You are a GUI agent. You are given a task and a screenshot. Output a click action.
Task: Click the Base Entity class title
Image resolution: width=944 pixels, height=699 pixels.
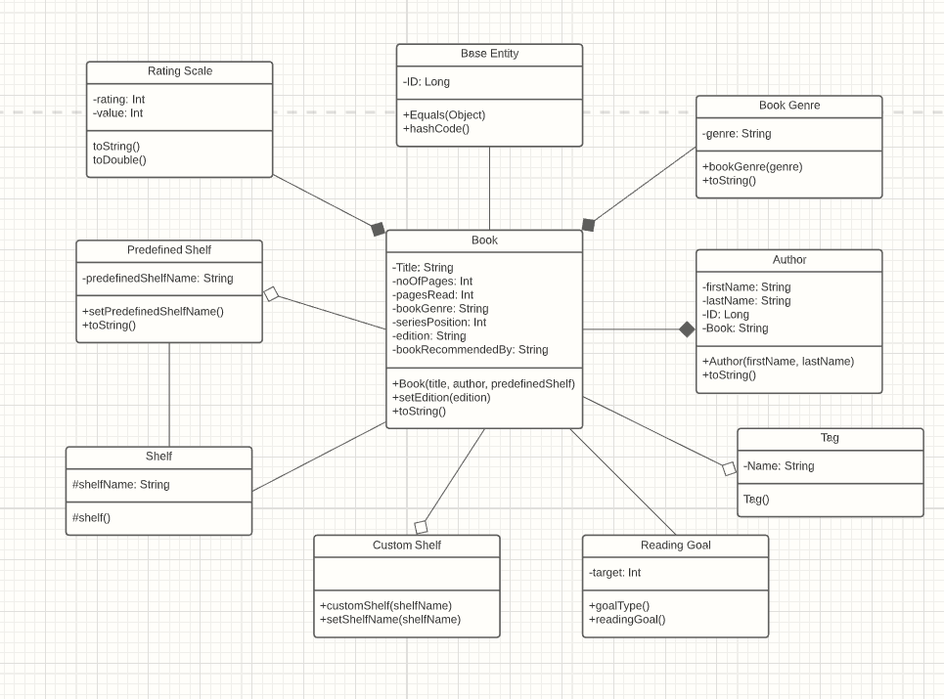point(489,54)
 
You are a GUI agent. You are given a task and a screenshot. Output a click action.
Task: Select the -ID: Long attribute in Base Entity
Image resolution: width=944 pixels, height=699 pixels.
point(427,82)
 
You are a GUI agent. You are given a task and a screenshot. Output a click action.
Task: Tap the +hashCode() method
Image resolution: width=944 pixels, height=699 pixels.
point(436,128)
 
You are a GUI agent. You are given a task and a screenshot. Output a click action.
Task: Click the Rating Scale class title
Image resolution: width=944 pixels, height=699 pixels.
point(180,71)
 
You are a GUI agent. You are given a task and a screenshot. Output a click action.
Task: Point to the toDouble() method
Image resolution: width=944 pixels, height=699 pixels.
point(119,159)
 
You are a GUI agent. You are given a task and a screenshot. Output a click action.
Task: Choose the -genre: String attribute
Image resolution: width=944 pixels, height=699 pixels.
point(737,134)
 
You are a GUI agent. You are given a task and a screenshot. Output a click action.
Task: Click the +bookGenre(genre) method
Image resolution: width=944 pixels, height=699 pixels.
point(752,166)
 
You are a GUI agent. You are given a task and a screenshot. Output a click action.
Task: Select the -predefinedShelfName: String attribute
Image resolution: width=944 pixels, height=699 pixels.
point(157,279)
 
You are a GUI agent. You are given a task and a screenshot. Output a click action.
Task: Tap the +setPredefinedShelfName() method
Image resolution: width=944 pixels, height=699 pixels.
point(154,311)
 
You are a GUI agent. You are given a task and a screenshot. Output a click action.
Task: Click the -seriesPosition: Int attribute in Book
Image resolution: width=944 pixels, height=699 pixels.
point(439,322)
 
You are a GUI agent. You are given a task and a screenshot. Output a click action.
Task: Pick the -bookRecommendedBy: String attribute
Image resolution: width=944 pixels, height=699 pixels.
point(471,349)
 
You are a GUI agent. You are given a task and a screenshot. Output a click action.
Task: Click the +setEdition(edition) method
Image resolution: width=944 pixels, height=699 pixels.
point(441,397)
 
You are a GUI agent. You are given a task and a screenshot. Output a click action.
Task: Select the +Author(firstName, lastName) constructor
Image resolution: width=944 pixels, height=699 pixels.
point(778,361)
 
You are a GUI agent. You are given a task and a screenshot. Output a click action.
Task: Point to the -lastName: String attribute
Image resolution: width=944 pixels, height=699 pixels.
point(746,301)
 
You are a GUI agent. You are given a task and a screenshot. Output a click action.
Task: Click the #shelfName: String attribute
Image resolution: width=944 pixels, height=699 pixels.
point(121,485)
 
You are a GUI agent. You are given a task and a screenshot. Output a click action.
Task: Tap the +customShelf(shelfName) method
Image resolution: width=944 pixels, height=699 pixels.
point(386,605)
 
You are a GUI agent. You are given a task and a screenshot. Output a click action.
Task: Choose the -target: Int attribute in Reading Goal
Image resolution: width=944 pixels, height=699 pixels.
point(615,573)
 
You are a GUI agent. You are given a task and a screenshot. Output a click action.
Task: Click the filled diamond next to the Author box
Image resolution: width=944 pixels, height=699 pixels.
point(687,329)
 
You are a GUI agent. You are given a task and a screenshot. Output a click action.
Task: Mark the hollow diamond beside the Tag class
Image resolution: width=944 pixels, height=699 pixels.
point(729,469)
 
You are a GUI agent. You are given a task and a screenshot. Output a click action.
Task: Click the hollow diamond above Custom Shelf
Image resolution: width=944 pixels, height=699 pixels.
point(421,527)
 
